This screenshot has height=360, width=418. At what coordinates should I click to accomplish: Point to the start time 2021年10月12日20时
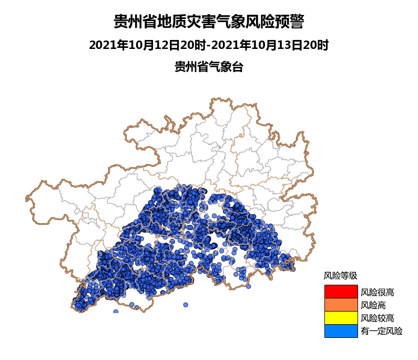click(x=147, y=45)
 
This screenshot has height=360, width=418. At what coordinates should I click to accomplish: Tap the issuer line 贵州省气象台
click(x=209, y=67)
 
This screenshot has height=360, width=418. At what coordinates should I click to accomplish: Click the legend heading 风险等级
click(x=340, y=275)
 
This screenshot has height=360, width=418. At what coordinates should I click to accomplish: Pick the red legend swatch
click(x=341, y=291)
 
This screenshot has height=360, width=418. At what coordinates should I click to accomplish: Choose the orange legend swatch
click(x=341, y=305)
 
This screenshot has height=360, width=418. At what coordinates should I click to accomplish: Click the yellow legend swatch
click(x=341, y=318)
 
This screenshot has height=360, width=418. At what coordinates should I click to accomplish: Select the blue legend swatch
click(x=341, y=331)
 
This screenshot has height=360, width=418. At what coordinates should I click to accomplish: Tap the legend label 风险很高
click(x=377, y=292)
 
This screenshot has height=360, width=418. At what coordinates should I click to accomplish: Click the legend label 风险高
click(x=373, y=305)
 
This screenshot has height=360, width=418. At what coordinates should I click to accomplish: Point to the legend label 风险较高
click(x=377, y=318)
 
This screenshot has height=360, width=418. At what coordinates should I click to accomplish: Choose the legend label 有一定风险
click(x=381, y=331)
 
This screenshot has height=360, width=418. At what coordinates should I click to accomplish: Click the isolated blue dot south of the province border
click(x=186, y=305)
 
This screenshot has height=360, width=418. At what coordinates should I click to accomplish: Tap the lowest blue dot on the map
click(x=116, y=312)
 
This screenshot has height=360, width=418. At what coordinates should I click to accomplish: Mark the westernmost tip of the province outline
click(x=26, y=198)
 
